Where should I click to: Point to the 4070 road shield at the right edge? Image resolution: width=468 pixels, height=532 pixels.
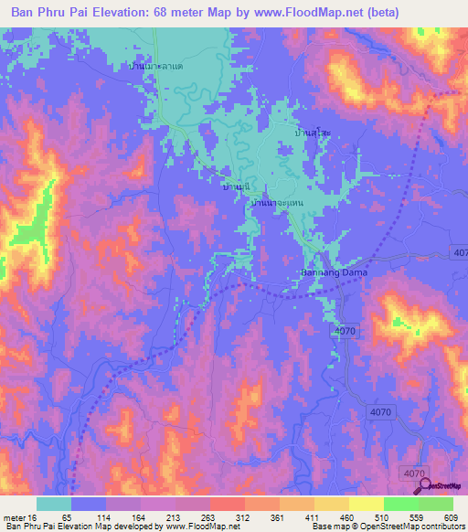[x=458, y=251]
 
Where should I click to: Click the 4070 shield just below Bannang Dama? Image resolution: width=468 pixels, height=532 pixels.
[x=345, y=329]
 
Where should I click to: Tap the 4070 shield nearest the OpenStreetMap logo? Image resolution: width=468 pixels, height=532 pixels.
[x=413, y=473]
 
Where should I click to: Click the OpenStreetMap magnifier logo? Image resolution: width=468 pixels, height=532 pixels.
[x=426, y=486]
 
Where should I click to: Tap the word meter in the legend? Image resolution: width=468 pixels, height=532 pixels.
[x=14, y=516]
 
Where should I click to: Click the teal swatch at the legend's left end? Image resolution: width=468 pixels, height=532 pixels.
[x=54, y=504]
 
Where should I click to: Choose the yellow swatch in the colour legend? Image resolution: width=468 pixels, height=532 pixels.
[x=366, y=504]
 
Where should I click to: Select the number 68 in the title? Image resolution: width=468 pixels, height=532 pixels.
[x=195, y=12]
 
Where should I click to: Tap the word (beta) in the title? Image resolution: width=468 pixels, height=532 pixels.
[x=438, y=12]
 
